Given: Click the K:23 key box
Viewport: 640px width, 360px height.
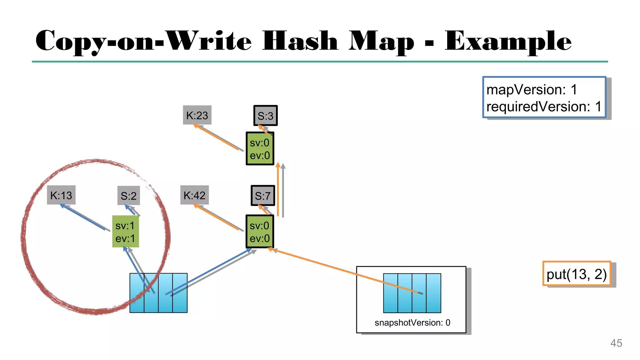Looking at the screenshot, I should [x=197, y=115].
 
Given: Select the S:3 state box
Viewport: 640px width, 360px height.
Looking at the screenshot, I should [x=265, y=116].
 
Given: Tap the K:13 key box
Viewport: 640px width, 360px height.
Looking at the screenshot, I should [x=61, y=195].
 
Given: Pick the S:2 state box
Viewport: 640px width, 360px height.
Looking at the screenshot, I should [x=128, y=196].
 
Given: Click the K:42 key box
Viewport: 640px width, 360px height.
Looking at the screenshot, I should [x=194, y=195].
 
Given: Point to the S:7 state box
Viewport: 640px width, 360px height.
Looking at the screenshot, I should [x=263, y=196].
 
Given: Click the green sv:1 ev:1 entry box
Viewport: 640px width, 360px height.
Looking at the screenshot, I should [x=125, y=232].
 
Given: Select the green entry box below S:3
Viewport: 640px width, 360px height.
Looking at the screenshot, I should [x=260, y=149].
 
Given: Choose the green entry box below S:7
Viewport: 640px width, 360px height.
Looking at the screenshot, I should [x=260, y=232].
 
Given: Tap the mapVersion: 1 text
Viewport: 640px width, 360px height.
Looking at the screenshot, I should [x=532, y=90].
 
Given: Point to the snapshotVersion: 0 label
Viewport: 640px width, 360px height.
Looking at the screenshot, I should [x=412, y=322].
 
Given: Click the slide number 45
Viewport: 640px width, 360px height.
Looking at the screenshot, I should [x=616, y=343].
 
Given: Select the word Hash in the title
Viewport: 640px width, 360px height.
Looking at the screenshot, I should [x=300, y=41].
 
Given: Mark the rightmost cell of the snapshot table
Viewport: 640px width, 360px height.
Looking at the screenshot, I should [x=433, y=293].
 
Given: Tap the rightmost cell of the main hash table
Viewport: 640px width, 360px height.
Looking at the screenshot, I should [x=180, y=293].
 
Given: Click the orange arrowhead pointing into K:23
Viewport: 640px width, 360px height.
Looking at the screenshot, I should [x=196, y=126].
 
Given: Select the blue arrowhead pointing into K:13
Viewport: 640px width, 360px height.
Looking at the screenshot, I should [x=62, y=206].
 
